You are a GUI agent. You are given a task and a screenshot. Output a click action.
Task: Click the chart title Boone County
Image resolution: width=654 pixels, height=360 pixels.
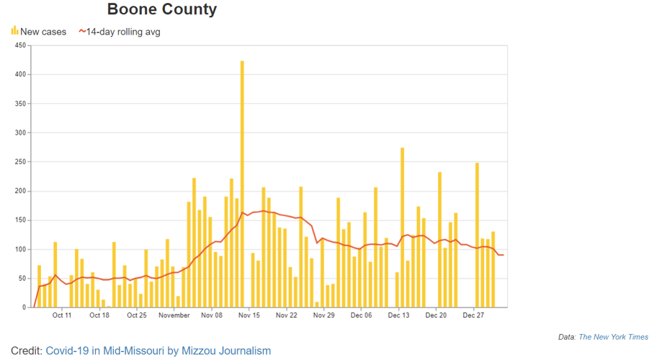161,10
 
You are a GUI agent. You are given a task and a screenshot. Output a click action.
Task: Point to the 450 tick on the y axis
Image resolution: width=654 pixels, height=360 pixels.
20,45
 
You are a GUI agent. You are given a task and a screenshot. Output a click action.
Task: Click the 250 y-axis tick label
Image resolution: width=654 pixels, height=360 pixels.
20,162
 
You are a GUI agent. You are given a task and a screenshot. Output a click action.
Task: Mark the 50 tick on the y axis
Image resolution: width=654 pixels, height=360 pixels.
22,279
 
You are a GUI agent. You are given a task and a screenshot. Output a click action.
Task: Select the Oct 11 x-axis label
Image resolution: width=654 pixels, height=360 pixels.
62,315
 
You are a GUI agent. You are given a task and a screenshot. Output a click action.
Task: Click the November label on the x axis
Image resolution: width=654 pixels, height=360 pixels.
174,315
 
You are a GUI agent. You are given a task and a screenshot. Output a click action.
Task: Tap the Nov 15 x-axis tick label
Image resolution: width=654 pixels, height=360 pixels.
248,315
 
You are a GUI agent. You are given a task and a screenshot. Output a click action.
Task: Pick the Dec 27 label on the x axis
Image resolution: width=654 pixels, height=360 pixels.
472,315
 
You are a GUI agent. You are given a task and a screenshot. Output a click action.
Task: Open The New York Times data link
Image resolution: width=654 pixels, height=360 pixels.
613,337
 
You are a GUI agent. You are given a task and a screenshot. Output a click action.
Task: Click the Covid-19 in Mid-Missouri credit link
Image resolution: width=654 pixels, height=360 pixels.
158,351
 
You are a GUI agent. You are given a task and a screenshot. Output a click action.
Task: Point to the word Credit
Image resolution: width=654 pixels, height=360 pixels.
26,351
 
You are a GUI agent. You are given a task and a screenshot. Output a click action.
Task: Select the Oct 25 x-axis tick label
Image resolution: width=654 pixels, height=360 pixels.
137,315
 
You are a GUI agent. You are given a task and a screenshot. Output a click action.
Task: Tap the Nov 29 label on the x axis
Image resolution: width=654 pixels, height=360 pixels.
323,315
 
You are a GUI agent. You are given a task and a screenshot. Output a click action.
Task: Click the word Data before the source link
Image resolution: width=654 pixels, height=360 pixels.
567,337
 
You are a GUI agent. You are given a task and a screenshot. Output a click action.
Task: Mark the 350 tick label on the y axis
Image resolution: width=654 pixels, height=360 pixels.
20,104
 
